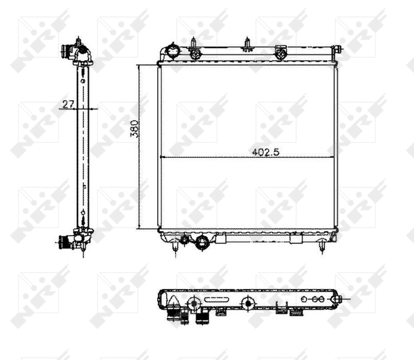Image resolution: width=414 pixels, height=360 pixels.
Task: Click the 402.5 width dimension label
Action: pyautogui.click(x=266, y=152)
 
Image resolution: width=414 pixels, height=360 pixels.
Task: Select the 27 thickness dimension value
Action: pyautogui.click(x=68, y=104)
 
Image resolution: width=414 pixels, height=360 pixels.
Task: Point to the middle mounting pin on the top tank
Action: pyautogui.click(x=247, y=45)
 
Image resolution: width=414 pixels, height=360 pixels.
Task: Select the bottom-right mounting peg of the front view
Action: pyautogui.click(x=322, y=246)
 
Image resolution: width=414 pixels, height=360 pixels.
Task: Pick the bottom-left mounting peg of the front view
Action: pyautogui.click(x=175, y=246)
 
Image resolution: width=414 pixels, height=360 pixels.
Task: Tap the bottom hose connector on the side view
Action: pyautogui.click(x=64, y=242)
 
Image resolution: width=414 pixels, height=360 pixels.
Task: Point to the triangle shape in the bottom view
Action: pyautogui.click(x=172, y=299)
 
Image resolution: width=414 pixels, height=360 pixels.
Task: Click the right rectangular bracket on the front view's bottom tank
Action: pyautogui.click(x=296, y=238)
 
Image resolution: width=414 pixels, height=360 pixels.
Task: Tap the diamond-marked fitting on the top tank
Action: pyautogui.click(x=280, y=53)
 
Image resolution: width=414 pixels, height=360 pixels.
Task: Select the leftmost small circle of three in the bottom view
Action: pyautogui.click(x=304, y=298)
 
